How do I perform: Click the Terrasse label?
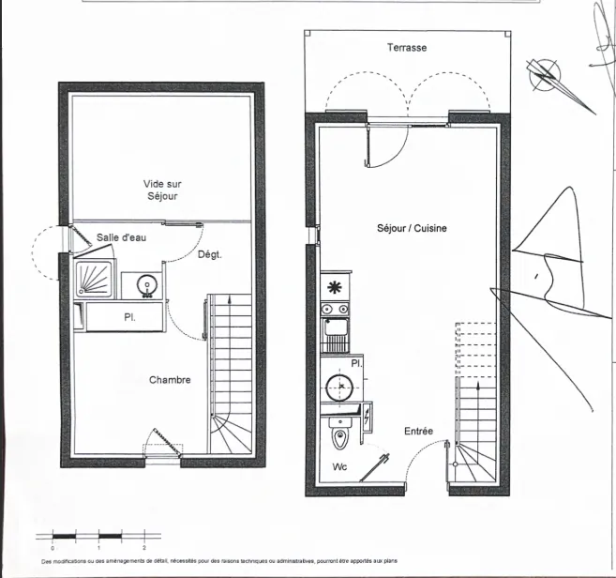click(407, 47)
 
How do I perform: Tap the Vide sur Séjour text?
click(161, 190)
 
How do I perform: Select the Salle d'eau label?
click(121, 237)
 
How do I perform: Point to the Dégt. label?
click(209, 255)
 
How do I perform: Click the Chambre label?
click(170, 380)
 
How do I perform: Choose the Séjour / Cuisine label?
click(412, 228)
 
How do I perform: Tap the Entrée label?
click(418, 432)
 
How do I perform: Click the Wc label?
click(339, 466)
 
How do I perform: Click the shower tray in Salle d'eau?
click(95, 279)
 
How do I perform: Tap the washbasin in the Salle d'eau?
click(145, 284)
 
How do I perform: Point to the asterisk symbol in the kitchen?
click(333, 287)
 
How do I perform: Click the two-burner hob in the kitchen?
click(334, 309)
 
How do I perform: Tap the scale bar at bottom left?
click(98, 536)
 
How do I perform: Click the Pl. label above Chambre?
click(129, 317)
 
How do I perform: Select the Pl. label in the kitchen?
click(356, 362)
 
